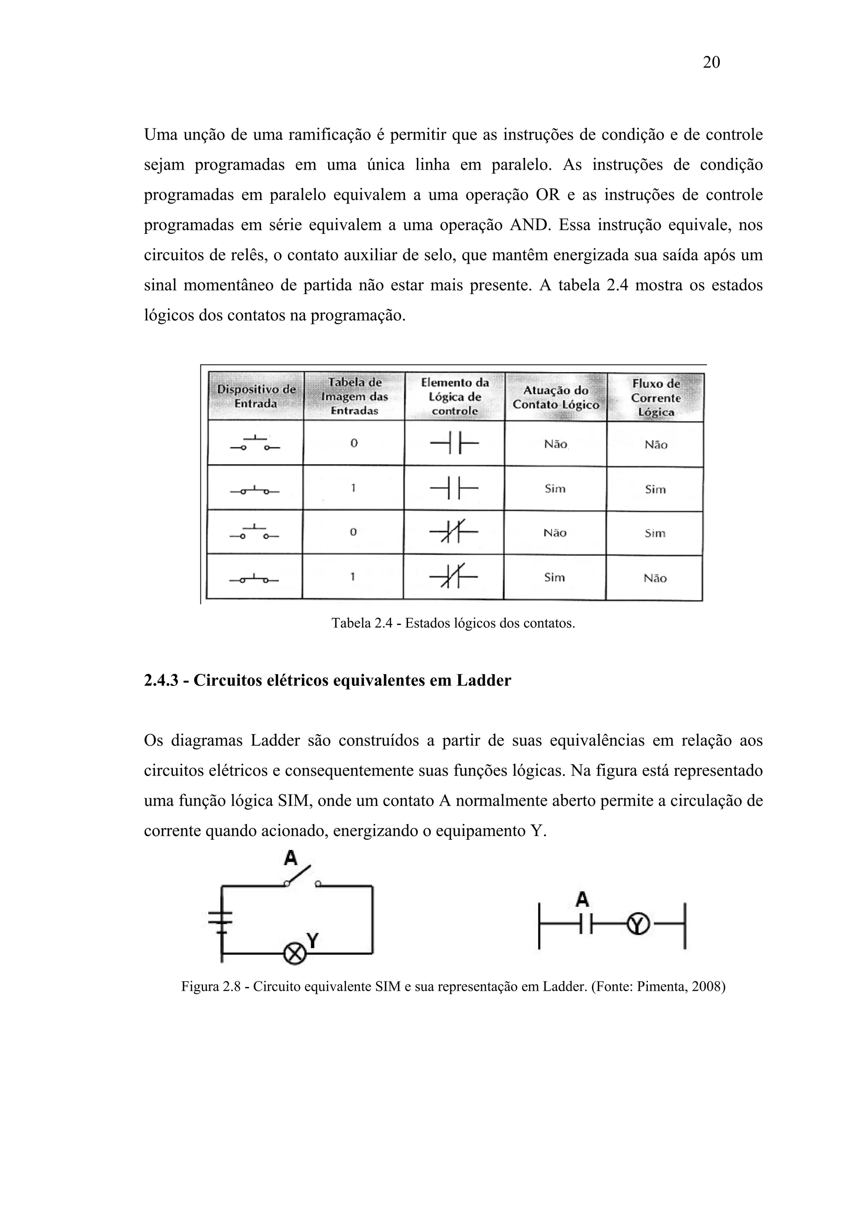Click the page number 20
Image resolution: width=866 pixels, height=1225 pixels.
pyautogui.click(x=711, y=63)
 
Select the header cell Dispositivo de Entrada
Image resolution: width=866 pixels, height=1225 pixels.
pyautogui.click(x=255, y=396)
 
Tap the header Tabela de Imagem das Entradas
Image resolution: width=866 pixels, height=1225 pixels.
pyautogui.click(x=354, y=396)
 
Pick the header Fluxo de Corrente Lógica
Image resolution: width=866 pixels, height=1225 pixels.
pyautogui.click(x=656, y=397)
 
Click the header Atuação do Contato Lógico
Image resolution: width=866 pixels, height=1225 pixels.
pyautogui.click(x=556, y=397)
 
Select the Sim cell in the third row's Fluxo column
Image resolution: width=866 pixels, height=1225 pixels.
pyautogui.click(x=655, y=533)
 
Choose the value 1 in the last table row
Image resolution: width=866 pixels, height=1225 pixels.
pyautogui.click(x=353, y=577)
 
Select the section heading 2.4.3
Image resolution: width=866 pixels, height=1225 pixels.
pyautogui.click(x=327, y=680)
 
